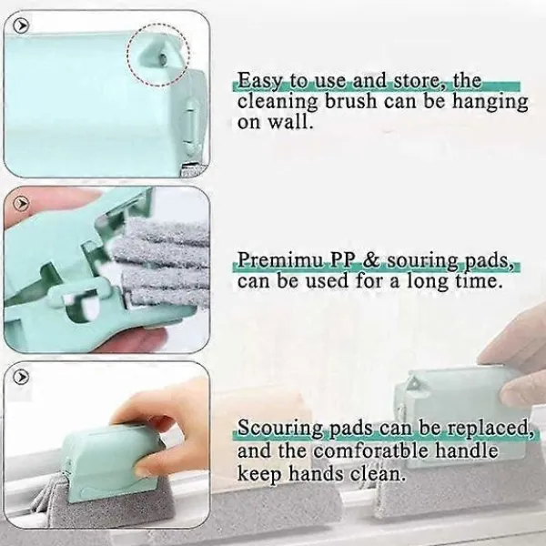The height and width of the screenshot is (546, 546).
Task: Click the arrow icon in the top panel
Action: (x=21, y=25)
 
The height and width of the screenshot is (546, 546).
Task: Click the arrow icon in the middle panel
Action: (x=21, y=203)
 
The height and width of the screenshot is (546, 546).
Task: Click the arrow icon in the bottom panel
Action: (x=21, y=377)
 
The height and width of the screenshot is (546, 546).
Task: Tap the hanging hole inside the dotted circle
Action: (x=161, y=57)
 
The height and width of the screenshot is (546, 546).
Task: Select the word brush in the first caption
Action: (x=351, y=102)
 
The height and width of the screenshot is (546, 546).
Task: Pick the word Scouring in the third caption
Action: (x=280, y=429)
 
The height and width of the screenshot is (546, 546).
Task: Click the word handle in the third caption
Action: (x=466, y=450)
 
